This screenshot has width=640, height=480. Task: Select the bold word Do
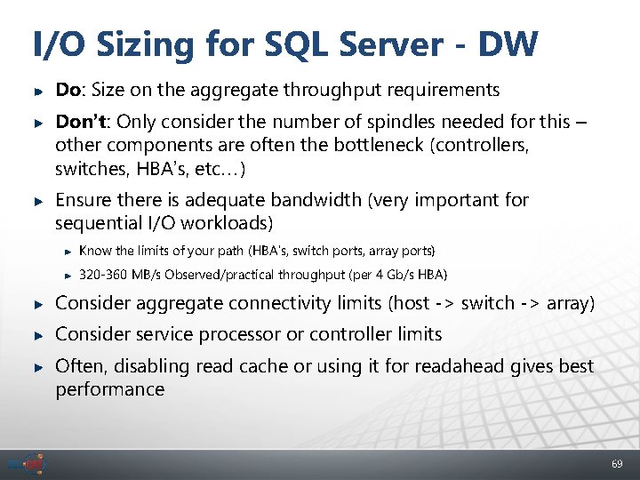click(67, 90)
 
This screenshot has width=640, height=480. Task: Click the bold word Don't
click(84, 122)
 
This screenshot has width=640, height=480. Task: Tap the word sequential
click(102, 222)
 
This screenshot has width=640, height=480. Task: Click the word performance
click(109, 389)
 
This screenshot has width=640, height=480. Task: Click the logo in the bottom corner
click(30, 464)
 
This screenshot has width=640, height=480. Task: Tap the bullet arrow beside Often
click(37, 367)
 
